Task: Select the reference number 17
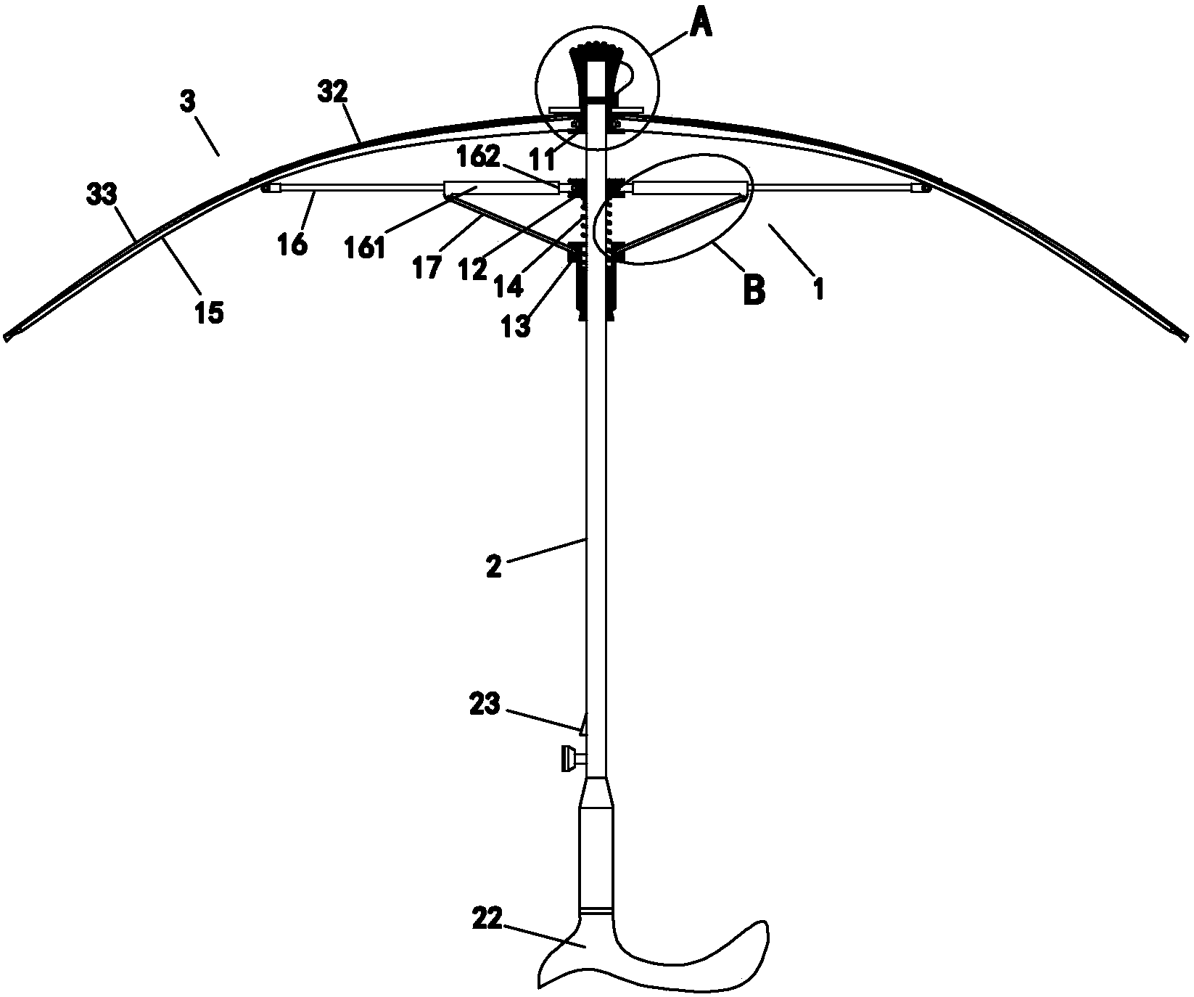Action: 427,268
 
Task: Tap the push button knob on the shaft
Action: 569,760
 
